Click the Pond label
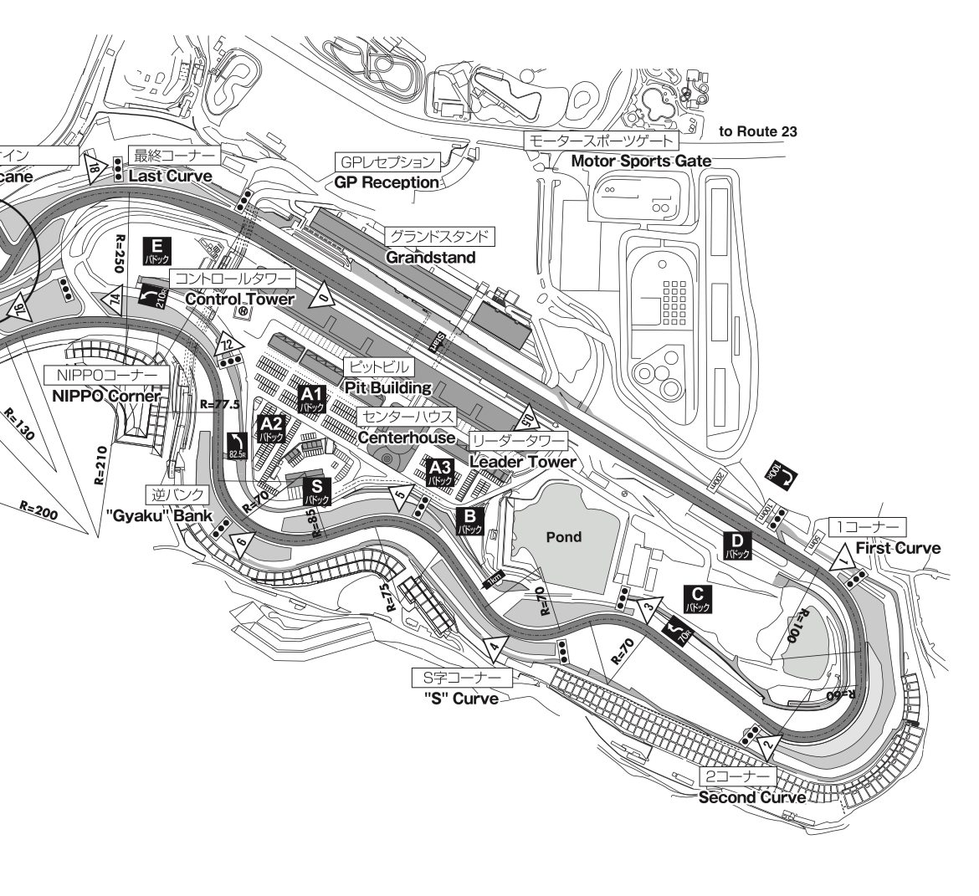coord(563,537)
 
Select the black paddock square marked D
coord(737,545)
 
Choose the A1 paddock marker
coord(312,398)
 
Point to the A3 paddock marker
coord(440,473)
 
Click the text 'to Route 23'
coord(758,131)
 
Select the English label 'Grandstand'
coord(430,258)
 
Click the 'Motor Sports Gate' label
coord(641,161)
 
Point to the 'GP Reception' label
coord(387,182)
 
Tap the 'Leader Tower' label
coord(523,462)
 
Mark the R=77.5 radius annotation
coord(220,403)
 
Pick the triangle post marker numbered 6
coord(241,544)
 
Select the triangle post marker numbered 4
coord(494,647)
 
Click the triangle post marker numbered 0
coord(324,297)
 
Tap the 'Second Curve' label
coord(752,797)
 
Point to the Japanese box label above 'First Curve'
coord(868,527)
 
